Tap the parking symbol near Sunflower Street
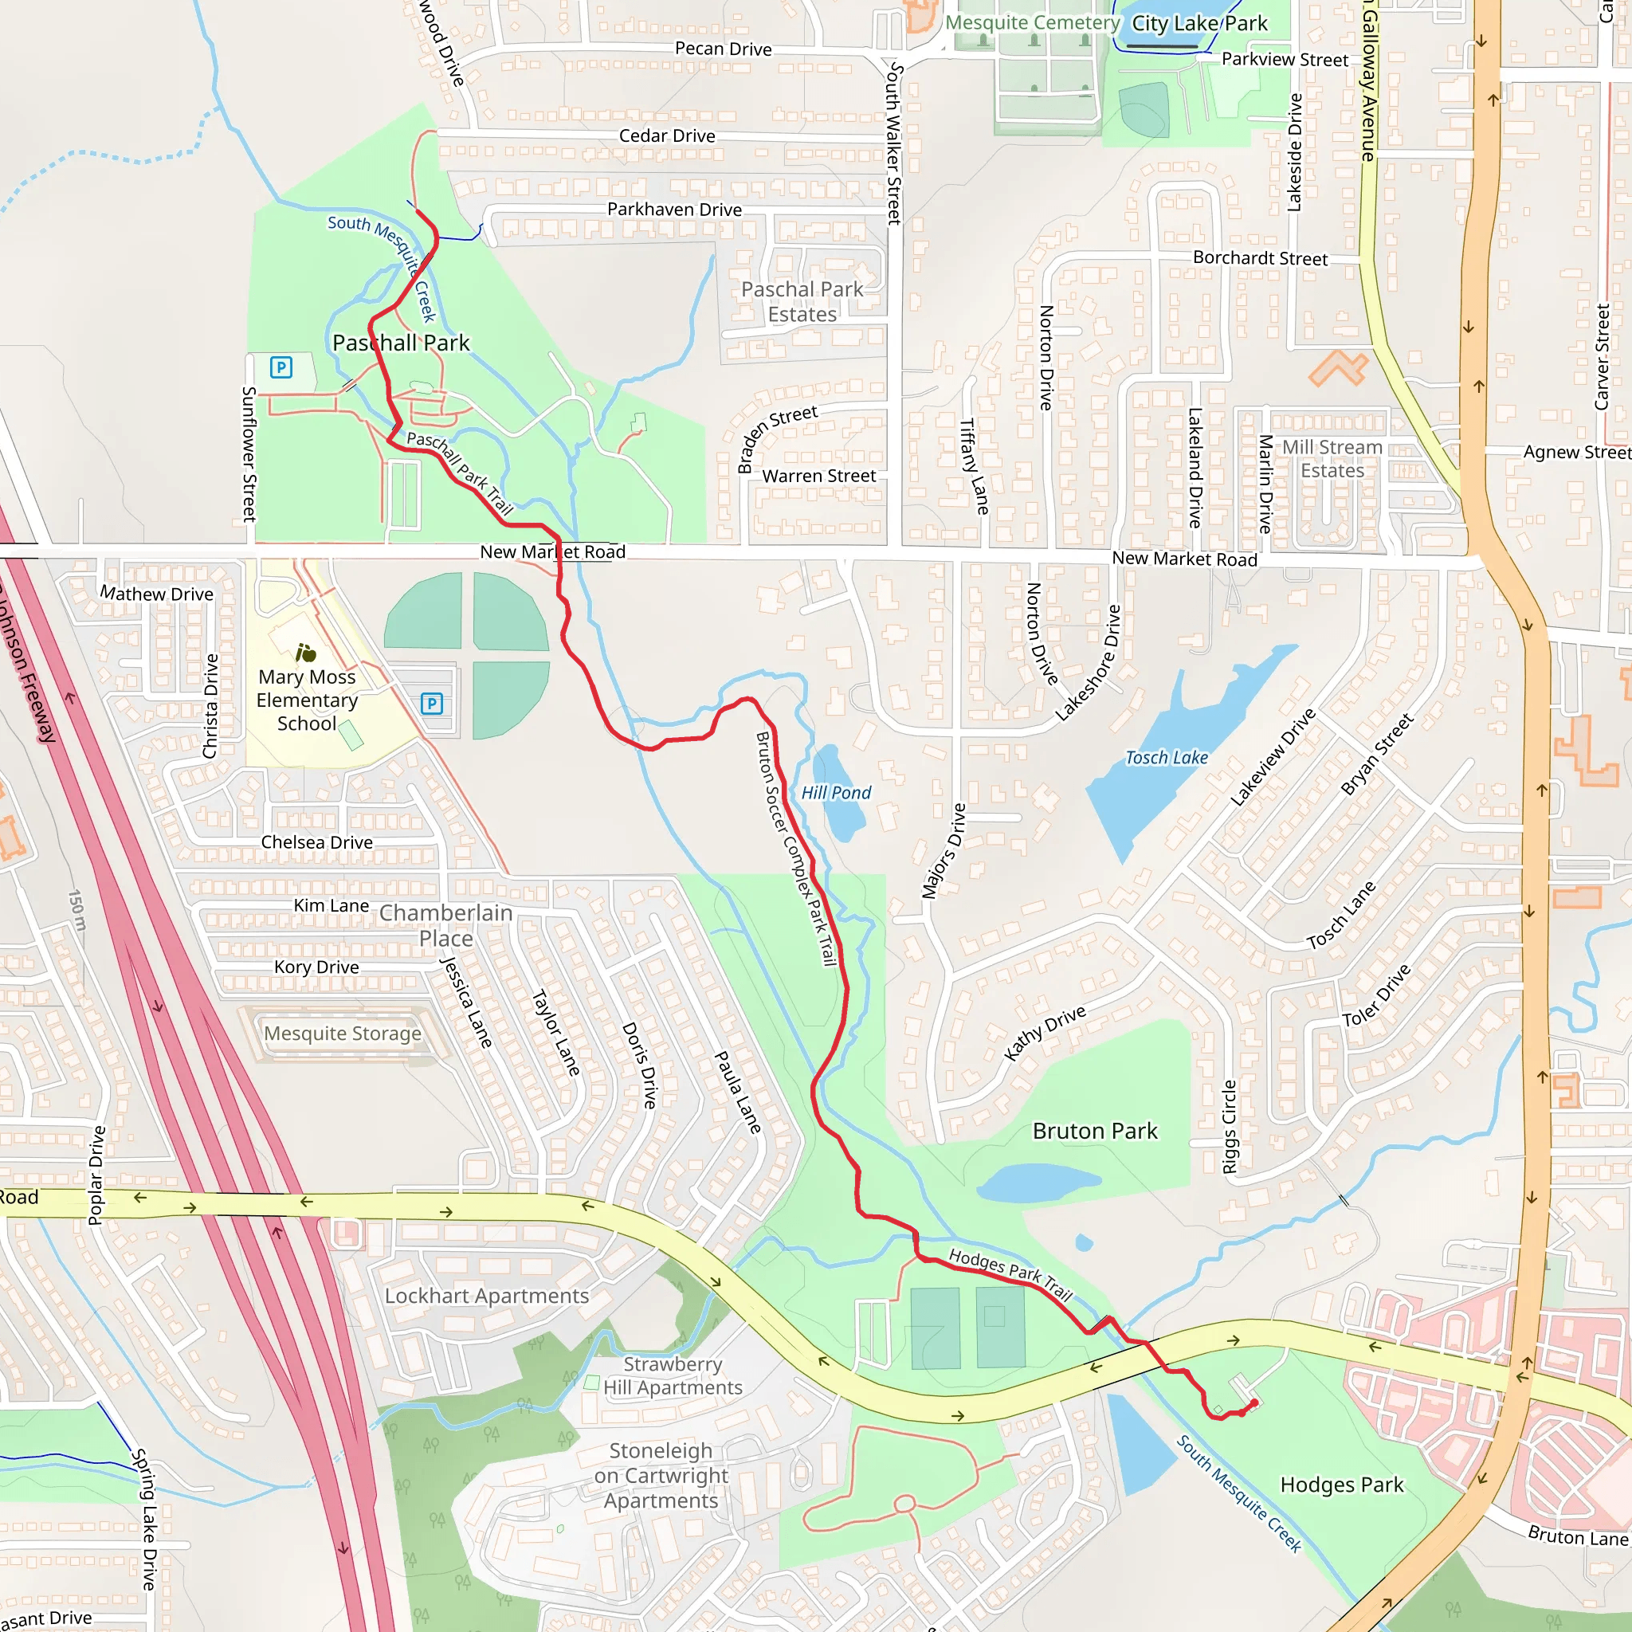click(280, 367)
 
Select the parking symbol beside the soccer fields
click(432, 704)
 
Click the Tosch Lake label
click(1166, 758)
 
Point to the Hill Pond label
click(835, 792)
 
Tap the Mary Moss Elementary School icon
click(306, 653)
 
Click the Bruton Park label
click(1095, 1131)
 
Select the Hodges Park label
click(1341, 1485)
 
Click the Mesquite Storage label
click(342, 1033)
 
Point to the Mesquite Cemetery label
click(1031, 23)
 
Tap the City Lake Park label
click(1198, 24)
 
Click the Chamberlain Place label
click(446, 925)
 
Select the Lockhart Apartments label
click(487, 1296)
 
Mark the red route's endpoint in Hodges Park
click(1254, 1403)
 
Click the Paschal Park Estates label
click(802, 301)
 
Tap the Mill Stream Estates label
click(1332, 459)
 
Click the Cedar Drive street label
click(666, 136)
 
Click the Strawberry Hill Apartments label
click(673, 1376)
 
